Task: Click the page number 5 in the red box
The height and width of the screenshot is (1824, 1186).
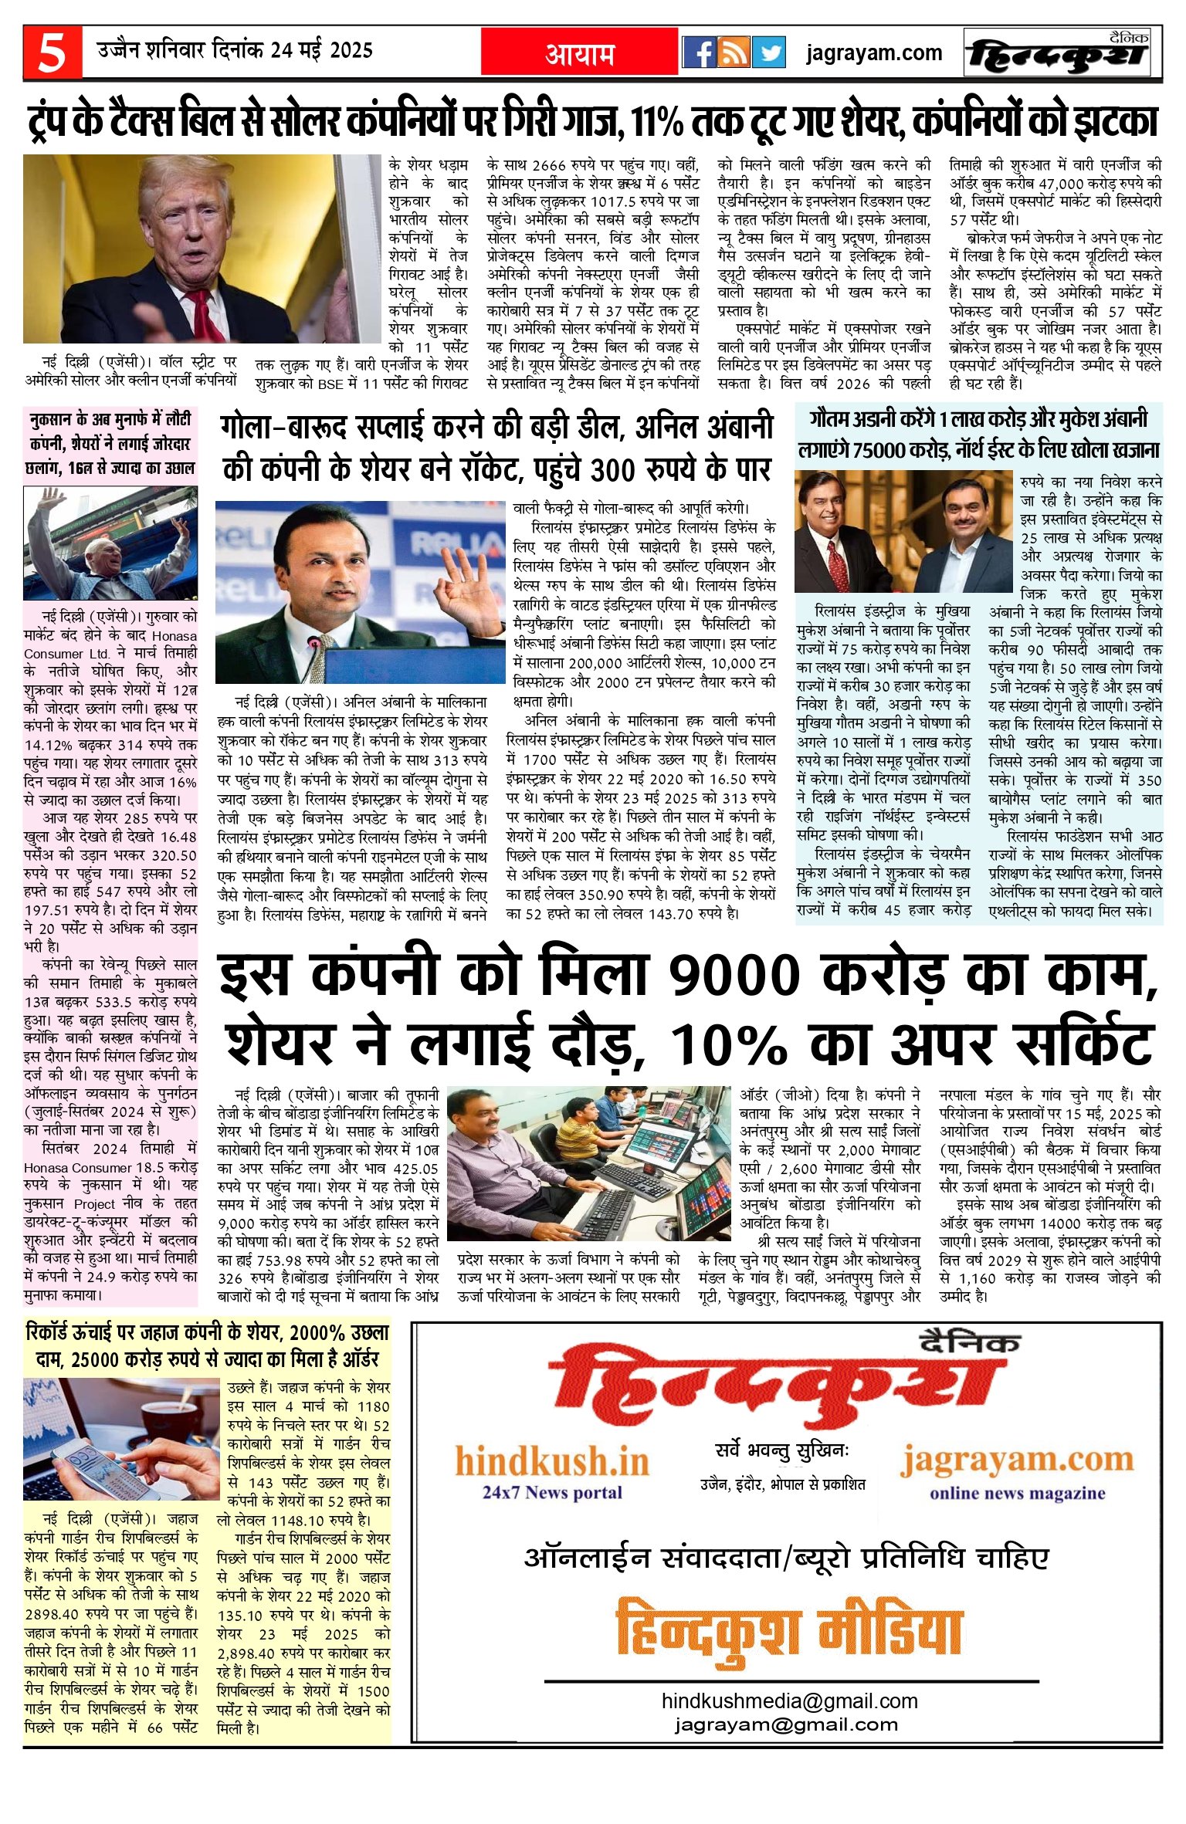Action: (52, 52)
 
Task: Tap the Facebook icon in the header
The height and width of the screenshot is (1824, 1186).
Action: (700, 52)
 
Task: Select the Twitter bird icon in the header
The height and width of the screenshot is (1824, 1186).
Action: (769, 52)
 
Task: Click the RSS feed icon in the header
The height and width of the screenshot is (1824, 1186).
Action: (734, 52)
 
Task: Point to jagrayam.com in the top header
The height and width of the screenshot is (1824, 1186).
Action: (873, 52)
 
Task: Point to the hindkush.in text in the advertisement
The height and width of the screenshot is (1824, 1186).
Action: (551, 1461)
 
